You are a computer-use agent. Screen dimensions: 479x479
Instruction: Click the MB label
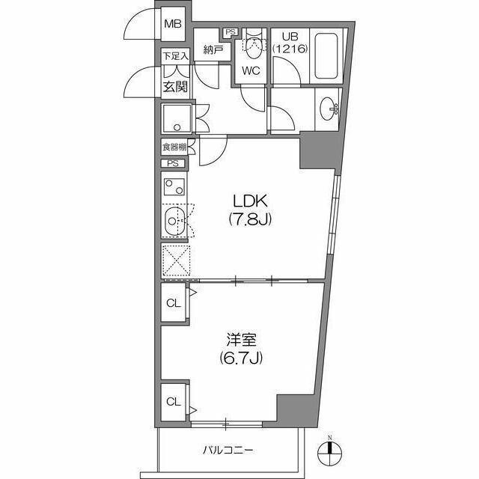173,23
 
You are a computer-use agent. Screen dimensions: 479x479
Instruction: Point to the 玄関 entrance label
174,85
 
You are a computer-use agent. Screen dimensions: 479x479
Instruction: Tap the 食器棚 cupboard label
173,147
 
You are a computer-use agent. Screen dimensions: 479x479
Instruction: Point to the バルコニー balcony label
228,451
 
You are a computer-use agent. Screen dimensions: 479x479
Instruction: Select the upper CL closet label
173,304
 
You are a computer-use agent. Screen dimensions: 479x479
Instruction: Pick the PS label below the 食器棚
173,164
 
